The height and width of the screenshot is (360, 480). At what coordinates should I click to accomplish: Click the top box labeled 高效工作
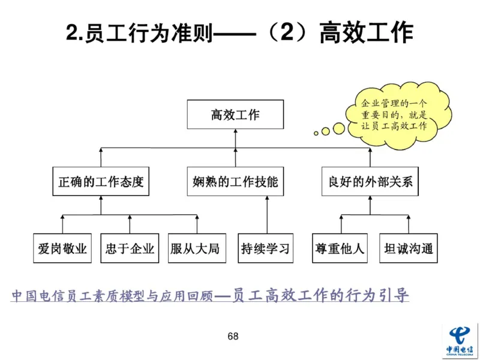pos(235,115)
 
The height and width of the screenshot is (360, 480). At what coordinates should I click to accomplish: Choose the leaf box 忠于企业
pos(129,248)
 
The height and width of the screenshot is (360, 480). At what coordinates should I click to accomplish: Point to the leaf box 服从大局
pos(197,248)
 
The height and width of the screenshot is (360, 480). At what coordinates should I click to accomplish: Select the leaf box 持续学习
pos(265,248)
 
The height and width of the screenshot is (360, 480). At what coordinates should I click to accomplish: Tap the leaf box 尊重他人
pos(340,248)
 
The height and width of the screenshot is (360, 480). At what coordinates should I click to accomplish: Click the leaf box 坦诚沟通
pos(409,248)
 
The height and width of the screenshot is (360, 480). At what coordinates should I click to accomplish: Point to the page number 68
pos(233,336)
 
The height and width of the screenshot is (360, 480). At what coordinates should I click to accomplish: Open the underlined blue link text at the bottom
pos(209,296)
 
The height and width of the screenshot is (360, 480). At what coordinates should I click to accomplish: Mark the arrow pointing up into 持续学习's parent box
pos(265,199)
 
